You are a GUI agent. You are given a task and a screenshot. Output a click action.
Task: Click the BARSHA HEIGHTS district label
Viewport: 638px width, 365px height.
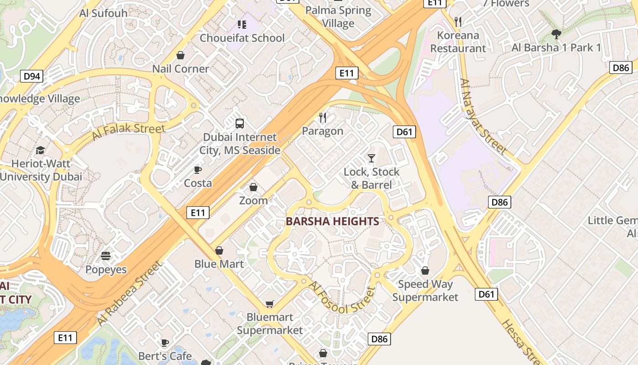tap(332, 221)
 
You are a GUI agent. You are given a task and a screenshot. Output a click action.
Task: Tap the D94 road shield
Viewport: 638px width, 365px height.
tap(32, 76)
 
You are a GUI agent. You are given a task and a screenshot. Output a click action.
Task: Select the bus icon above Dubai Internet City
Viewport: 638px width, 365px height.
tap(240, 123)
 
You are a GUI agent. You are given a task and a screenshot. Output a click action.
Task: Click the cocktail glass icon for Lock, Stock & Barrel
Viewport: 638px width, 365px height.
tap(371, 158)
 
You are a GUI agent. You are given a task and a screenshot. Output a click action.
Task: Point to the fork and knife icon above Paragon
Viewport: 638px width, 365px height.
tap(323, 118)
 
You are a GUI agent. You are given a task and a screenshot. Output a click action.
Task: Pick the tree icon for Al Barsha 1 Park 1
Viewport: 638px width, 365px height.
tap(556, 34)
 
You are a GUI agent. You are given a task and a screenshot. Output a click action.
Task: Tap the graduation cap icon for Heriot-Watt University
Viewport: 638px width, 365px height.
tap(41, 150)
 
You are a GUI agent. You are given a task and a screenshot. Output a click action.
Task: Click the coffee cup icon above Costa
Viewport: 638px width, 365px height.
tap(198, 170)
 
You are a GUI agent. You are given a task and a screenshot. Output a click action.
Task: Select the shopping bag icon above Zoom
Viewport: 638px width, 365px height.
tap(253, 187)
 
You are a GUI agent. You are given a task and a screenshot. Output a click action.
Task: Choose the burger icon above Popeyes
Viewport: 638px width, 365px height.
tap(106, 256)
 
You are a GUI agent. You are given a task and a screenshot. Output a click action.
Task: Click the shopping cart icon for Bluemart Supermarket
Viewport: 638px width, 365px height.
tap(270, 304)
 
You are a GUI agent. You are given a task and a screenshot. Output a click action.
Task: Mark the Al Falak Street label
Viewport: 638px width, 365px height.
tap(129, 131)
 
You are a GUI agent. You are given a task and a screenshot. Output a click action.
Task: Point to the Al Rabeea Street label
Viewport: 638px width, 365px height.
tap(129, 293)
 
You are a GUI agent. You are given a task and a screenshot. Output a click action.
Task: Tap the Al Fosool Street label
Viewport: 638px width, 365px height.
tap(342, 298)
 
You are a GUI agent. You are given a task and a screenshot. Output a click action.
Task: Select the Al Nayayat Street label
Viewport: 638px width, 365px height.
tap(483, 116)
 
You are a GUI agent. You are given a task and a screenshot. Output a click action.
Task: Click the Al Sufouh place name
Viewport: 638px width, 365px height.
tap(103, 13)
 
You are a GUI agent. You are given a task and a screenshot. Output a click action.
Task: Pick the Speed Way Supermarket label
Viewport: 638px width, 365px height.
tap(425, 291)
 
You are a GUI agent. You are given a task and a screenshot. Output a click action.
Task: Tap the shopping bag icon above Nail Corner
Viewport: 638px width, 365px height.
tap(180, 55)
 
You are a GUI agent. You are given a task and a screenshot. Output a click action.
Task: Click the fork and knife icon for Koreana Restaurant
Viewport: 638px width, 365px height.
tap(458, 21)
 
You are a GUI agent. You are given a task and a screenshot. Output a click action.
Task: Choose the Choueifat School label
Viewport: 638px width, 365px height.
tap(242, 38)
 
